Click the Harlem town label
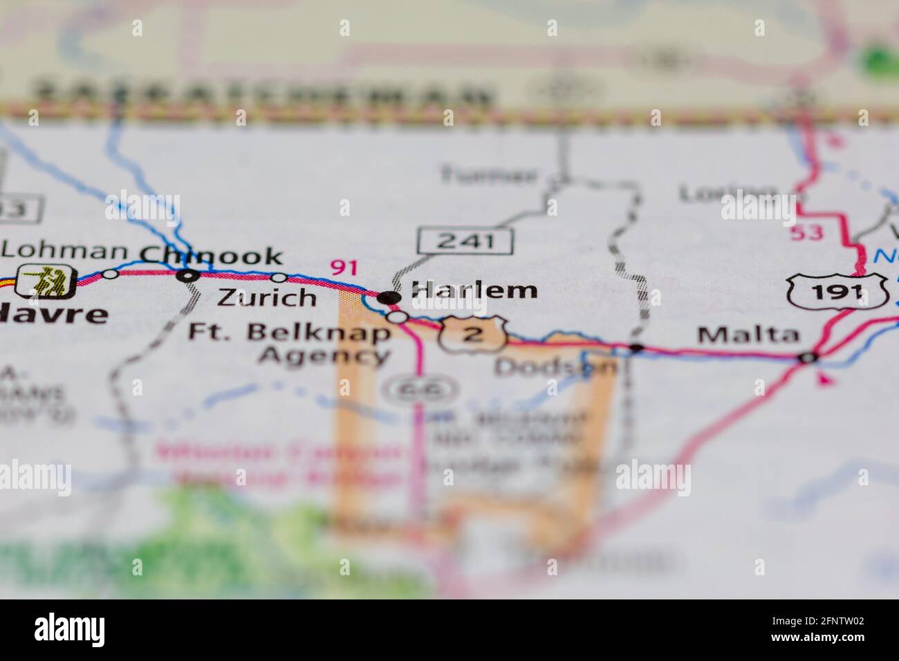click(x=474, y=290)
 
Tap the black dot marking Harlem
click(x=389, y=297)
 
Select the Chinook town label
click(x=211, y=255)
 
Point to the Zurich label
click(x=267, y=298)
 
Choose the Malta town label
click(x=748, y=336)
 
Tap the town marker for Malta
click(x=807, y=357)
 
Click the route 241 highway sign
click(x=465, y=241)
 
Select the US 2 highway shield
click(x=472, y=335)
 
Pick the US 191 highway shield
click(x=837, y=290)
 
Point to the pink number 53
click(x=807, y=232)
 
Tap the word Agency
click(x=324, y=356)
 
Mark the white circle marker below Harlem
click(x=398, y=317)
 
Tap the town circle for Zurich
click(x=279, y=277)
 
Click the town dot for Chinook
click(x=186, y=275)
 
